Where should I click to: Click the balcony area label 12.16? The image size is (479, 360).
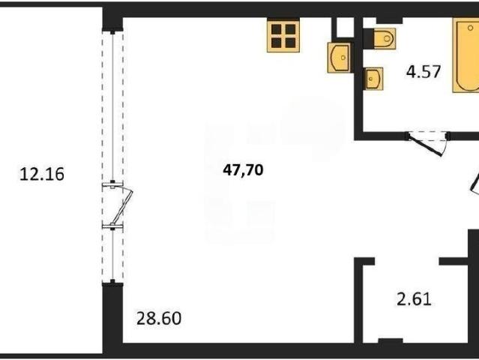tap(42, 174)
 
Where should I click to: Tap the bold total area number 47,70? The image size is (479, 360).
tap(243, 170)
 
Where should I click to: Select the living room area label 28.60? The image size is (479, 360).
tap(159, 319)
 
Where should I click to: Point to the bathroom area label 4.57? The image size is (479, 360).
tap(424, 72)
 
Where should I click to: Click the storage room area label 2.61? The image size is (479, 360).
tap(415, 299)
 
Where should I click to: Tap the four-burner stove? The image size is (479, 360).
tap(283, 35)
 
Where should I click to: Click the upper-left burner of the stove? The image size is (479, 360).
tap(276, 29)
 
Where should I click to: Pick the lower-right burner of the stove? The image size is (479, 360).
tap(290, 43)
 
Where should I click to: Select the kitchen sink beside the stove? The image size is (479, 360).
tap(339, 58)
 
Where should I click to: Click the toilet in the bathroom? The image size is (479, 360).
tap(385, 38)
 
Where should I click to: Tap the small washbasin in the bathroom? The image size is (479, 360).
tap(374, 79)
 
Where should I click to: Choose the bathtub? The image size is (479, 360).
tap(466, 55)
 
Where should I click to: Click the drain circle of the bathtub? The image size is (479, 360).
tap(470, 28)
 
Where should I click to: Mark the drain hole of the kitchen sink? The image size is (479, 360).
tap(343, 58)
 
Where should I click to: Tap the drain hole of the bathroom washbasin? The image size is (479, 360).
tap(370, 79)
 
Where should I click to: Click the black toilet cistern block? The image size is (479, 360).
tap(368, 38)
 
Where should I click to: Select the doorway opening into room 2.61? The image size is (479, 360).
tap(407, 261)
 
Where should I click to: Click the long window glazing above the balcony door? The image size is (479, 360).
tap(112, 106)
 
